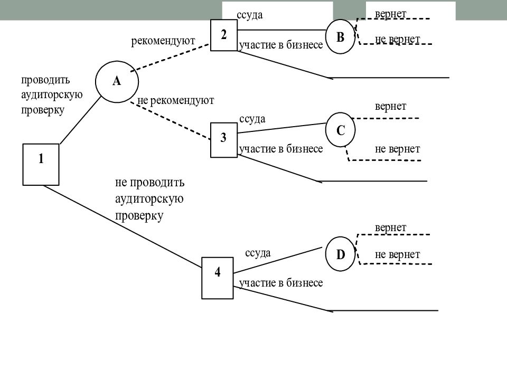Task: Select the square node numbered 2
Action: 224,35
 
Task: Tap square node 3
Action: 224,139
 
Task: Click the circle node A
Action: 117,81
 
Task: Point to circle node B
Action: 340,37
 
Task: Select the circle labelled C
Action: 341,130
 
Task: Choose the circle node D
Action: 340,254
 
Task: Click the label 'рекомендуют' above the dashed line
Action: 163,41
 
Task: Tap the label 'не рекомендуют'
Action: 175,100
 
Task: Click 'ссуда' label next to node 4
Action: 258,253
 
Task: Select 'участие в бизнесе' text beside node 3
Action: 280,149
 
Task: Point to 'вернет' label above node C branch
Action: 390,106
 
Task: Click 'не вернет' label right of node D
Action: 397,254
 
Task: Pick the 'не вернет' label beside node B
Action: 397,39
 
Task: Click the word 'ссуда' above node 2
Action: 250,15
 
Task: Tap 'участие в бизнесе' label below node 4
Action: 280,283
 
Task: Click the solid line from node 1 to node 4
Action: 124,225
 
